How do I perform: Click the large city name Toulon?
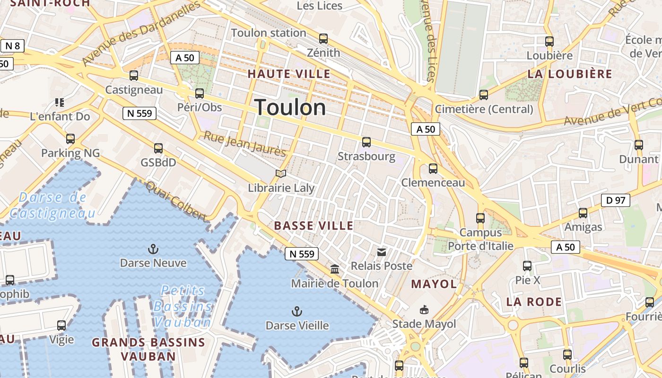click(x=290, y=108)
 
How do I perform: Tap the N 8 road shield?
click(x=13, y=46)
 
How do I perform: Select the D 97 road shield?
click(x=616, y=200)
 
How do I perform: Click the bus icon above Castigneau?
click(x=134, y=76)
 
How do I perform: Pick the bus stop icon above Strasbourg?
click(x=366, y=142)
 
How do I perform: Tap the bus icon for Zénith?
click(x=323, y=39)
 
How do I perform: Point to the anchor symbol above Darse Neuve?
click(x=153, y=249)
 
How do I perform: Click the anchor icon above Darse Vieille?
click(x=296, y=311)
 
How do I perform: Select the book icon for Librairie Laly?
click(x=281, y=174)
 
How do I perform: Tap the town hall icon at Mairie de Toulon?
click(x=335, y=269)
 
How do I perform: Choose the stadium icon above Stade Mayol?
click(x=424, y=310)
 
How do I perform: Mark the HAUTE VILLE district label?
click(x=289, y=74)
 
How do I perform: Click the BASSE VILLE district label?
click(x=314, y=226)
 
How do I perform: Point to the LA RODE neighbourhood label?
click(x=534, y=301)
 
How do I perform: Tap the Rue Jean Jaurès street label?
click(x=244, y=144)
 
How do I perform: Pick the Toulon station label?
click(x=269, y=33)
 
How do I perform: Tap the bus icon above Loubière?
click(x=549, y=42)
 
